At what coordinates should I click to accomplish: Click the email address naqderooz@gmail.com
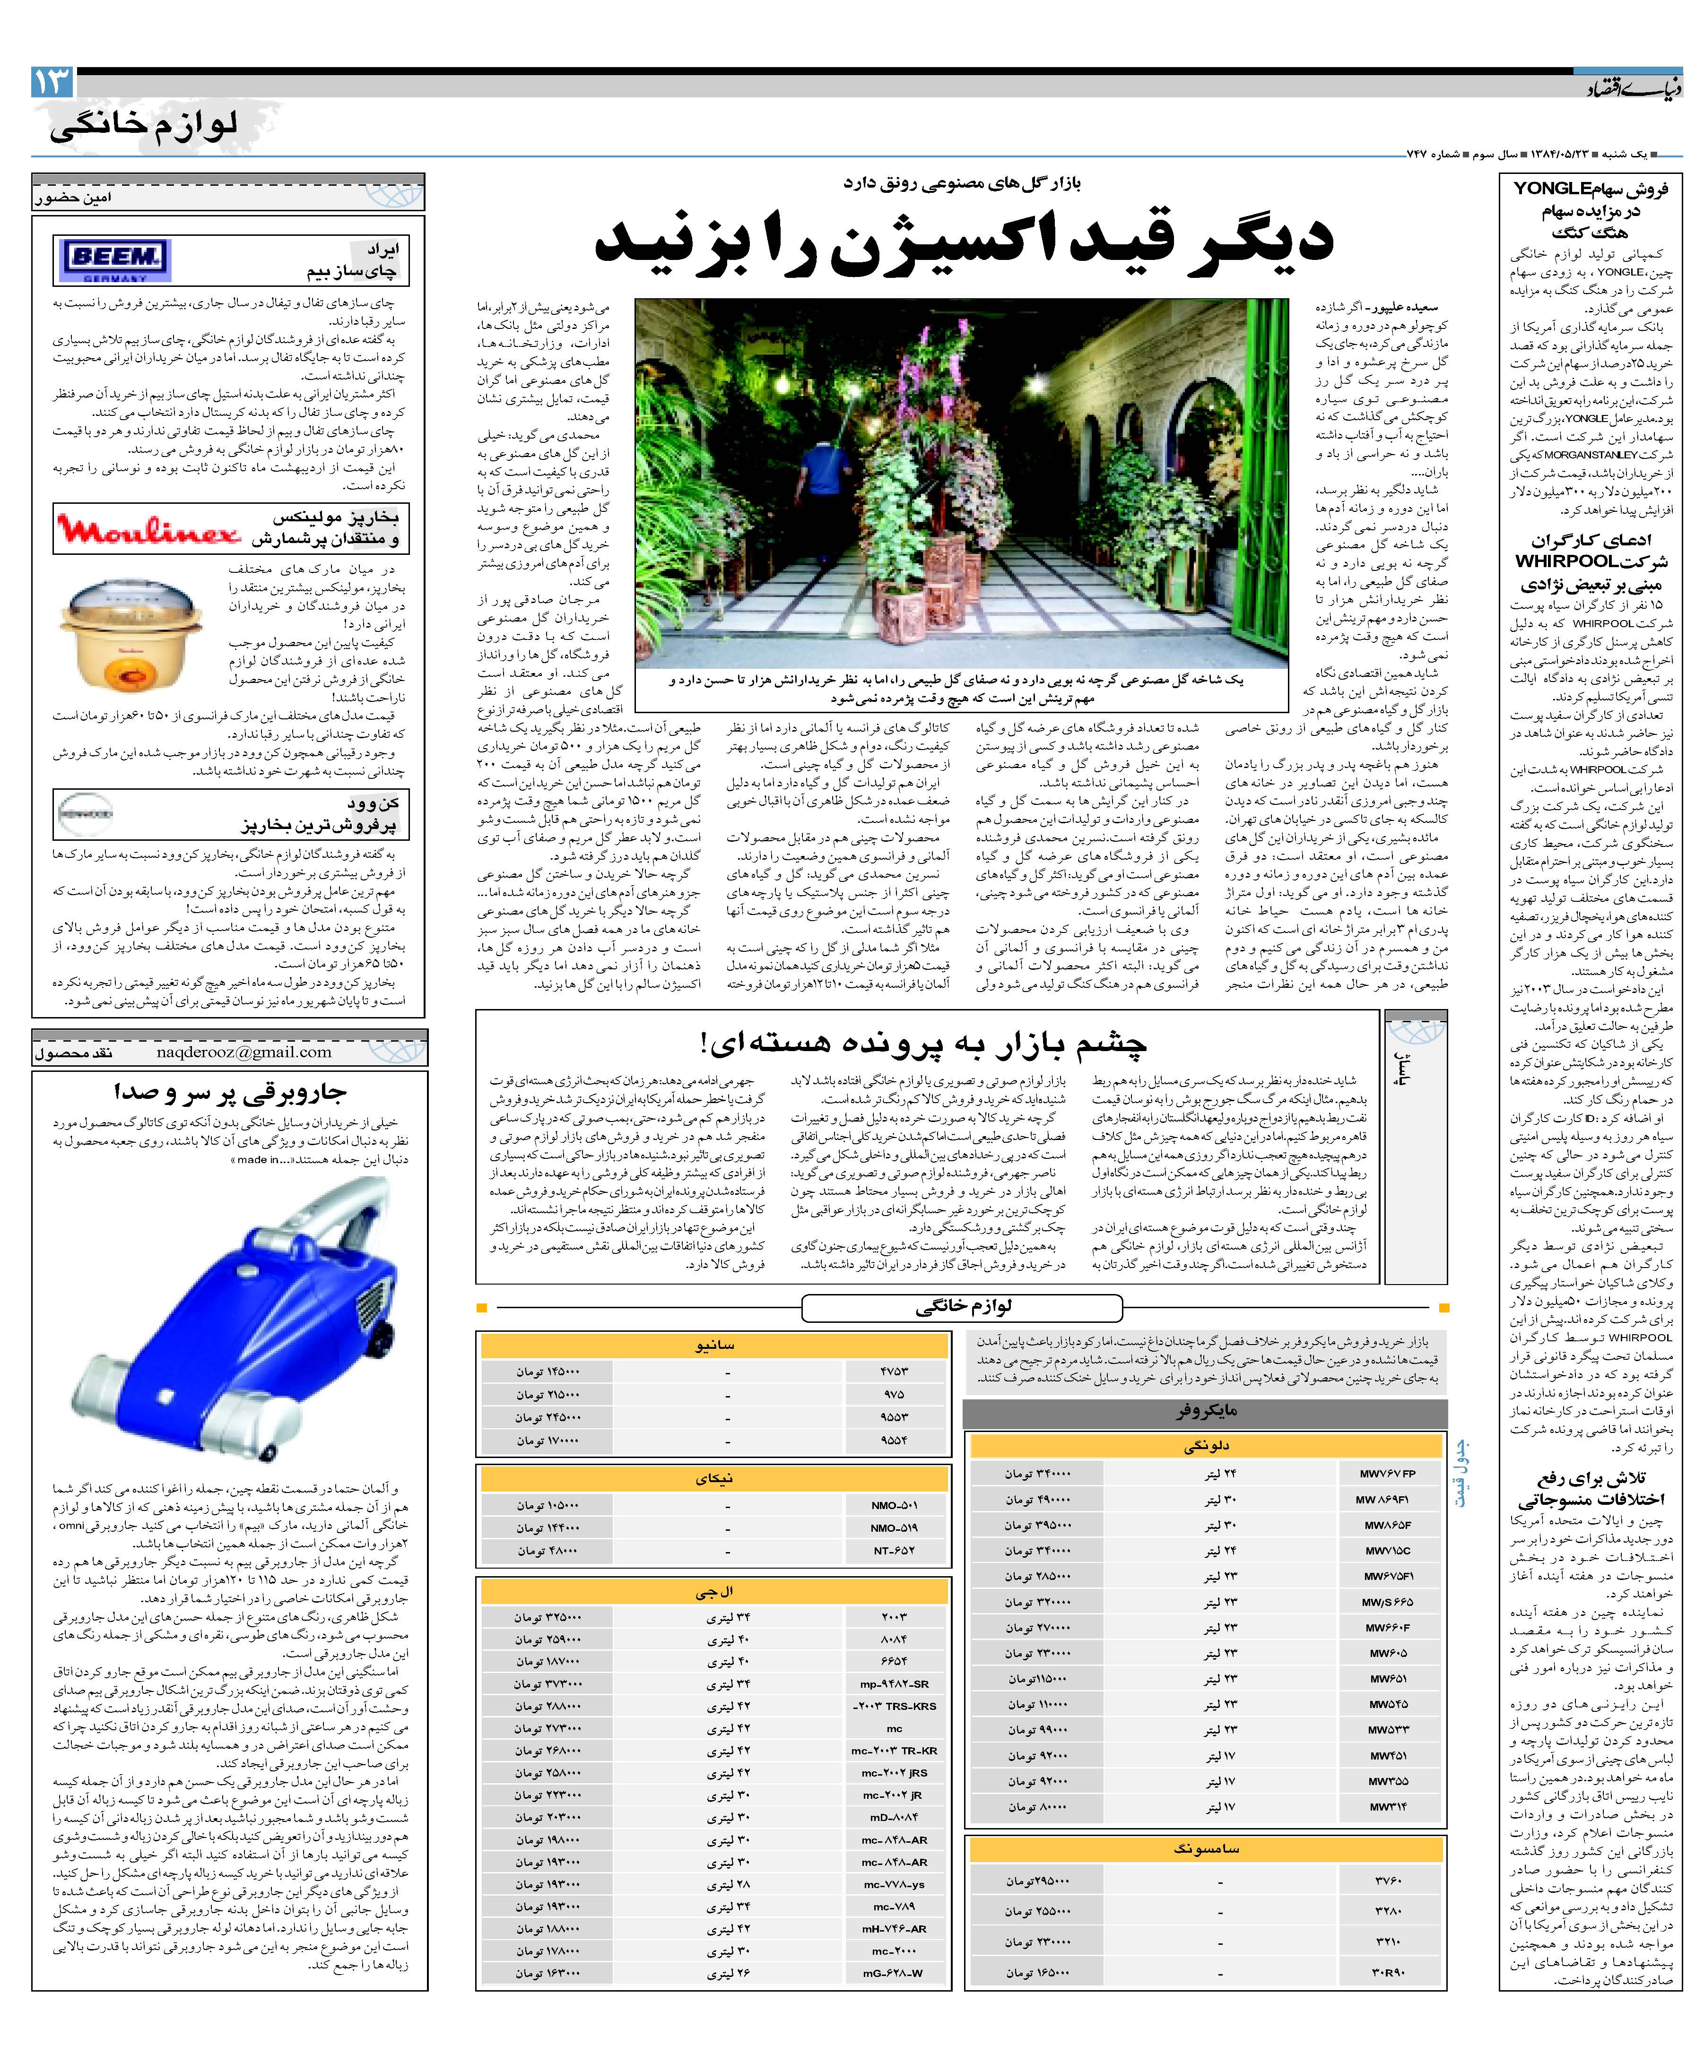coord(243,1052)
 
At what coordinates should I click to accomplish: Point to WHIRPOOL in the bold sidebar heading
coord(1547,562)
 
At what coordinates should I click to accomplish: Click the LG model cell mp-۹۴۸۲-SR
coord(895,1684)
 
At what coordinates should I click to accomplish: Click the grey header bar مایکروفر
coord(1205,1411)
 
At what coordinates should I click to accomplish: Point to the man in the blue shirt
coord(815,487)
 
